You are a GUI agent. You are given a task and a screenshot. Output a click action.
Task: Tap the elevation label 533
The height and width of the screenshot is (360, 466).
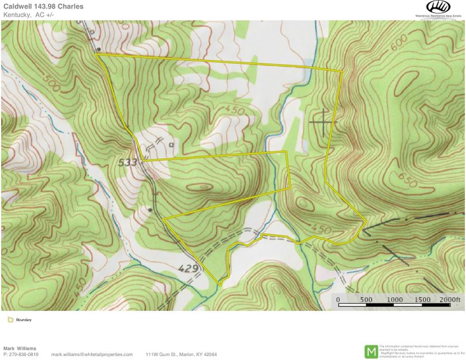pyautogui.click(x=127, y=163)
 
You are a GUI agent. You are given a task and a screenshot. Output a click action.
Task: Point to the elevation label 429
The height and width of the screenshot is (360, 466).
pyautogui.click(x=189, y=268)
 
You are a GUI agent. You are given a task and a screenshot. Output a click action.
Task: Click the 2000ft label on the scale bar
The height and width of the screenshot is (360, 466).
pyautogui.click(x=450, y=299)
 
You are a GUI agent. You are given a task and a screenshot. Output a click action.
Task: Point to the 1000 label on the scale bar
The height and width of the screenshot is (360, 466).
pyautogui.click(x=394, y=299)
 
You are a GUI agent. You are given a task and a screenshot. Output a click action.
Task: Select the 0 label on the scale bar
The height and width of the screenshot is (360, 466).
pyautogui.click(x=338, y=299)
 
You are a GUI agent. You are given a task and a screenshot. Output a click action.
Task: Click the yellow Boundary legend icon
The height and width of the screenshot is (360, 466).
pyautogui.click(x=10, y=320)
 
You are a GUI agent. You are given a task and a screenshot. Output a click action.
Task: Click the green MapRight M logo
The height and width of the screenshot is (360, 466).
pyautogui.click(x=371, y=351)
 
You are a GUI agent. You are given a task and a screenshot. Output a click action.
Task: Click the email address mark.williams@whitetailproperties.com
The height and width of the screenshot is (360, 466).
pyautogui.click(x=92, y=354)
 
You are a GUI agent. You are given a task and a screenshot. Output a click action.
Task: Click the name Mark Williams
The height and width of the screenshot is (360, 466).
pyautogui.click(x=20, y=348)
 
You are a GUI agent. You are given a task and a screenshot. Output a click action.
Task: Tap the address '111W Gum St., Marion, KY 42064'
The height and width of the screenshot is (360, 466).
pyautogui.click(x=181, y=354)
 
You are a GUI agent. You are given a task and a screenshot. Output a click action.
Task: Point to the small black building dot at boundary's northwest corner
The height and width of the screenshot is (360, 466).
pyautogui.click(x=99, y=50)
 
